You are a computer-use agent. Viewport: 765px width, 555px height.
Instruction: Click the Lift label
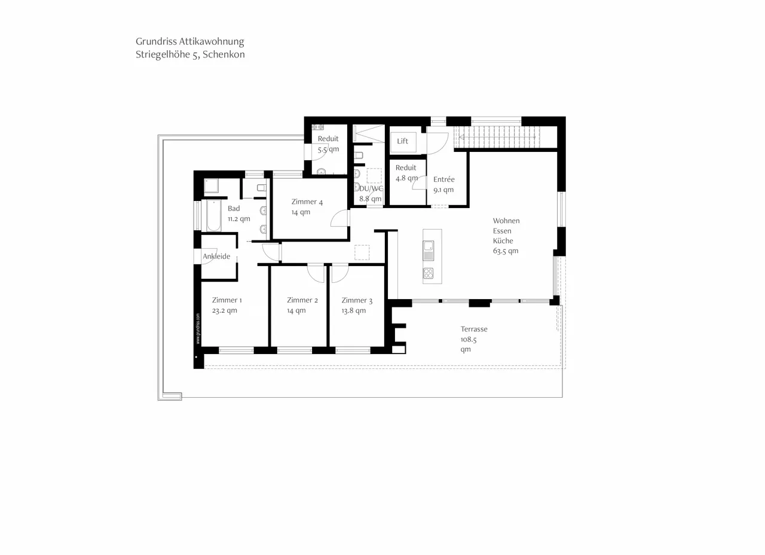point(402,141)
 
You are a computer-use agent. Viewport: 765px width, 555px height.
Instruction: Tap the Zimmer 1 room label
point(227,300)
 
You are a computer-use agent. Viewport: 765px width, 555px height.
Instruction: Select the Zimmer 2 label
point(302,300)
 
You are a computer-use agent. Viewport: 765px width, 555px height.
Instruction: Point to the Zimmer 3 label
point(357,300)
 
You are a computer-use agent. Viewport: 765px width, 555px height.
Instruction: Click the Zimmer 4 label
point(307,202)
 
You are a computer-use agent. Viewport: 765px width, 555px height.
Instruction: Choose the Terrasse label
point(473,329)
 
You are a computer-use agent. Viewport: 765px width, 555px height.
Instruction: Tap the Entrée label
point(443,179)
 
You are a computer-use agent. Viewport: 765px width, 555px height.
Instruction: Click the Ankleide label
point(216,257)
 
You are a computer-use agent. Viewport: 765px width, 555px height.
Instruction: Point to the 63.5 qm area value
point(505,251)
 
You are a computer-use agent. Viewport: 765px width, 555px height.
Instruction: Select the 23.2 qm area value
point(224,311)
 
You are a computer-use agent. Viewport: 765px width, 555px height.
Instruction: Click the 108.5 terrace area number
point(469,339)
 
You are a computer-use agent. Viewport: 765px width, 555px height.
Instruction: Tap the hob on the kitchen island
point(429,273)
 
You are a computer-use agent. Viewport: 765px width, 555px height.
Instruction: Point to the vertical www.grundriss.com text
point(198,328)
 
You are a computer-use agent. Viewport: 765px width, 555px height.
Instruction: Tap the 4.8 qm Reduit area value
point(406,178)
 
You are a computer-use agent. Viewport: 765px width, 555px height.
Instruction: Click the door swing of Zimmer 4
point(339,218)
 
